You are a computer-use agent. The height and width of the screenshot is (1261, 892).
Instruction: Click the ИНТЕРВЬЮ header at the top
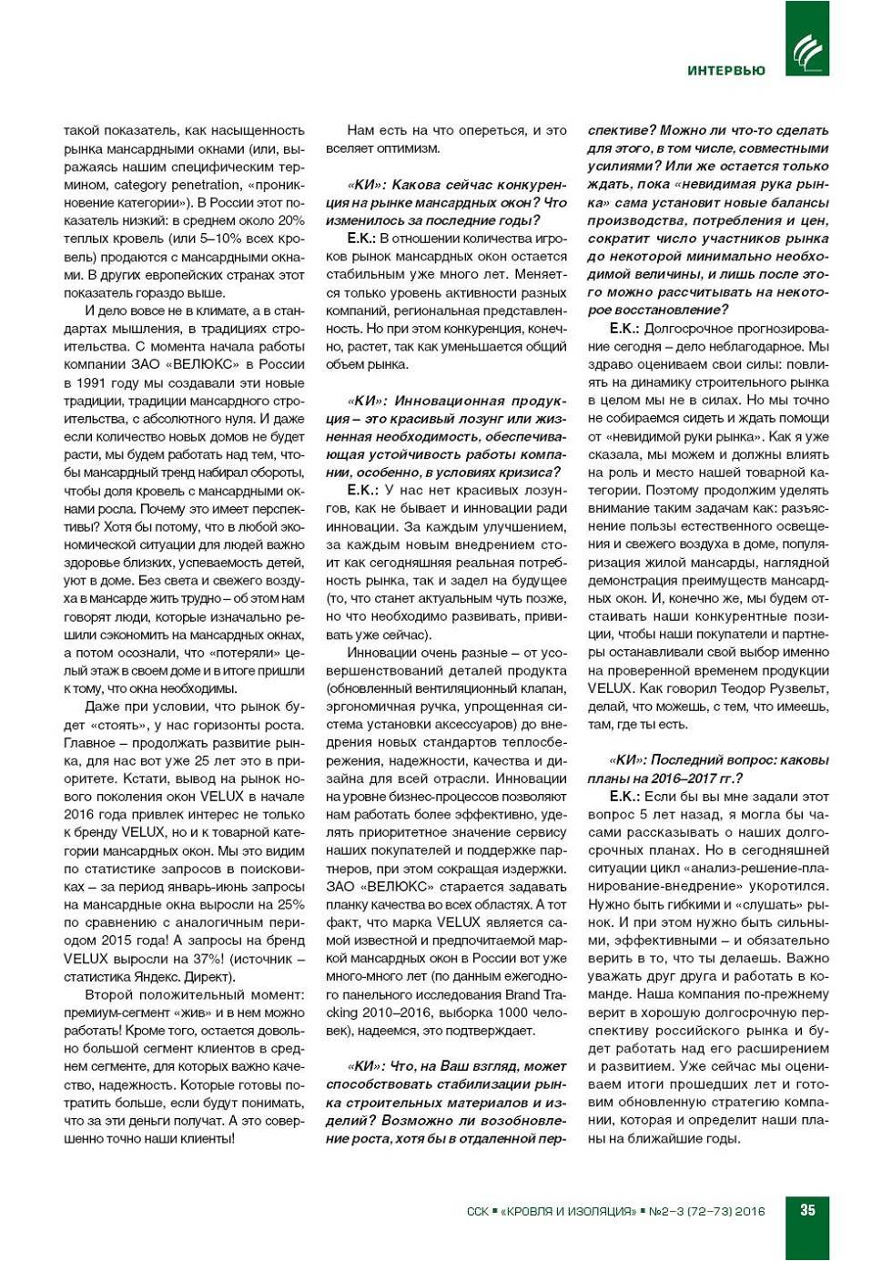(x=725, y=70)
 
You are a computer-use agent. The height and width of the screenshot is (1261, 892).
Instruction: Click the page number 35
(x=807, y=1210)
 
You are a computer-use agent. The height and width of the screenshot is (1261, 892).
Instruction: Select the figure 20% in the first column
(x=291, y=220)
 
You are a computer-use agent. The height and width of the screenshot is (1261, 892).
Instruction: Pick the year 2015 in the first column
(x=108, y=941)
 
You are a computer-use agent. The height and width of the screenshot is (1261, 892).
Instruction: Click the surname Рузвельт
(x=796, y=688)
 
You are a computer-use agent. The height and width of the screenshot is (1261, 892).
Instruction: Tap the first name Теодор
(x=735, y=688)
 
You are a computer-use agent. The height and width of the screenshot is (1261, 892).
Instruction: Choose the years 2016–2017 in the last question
(x=681, y=778)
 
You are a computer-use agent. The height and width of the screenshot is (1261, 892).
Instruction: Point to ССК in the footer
(x=478, y=1211)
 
